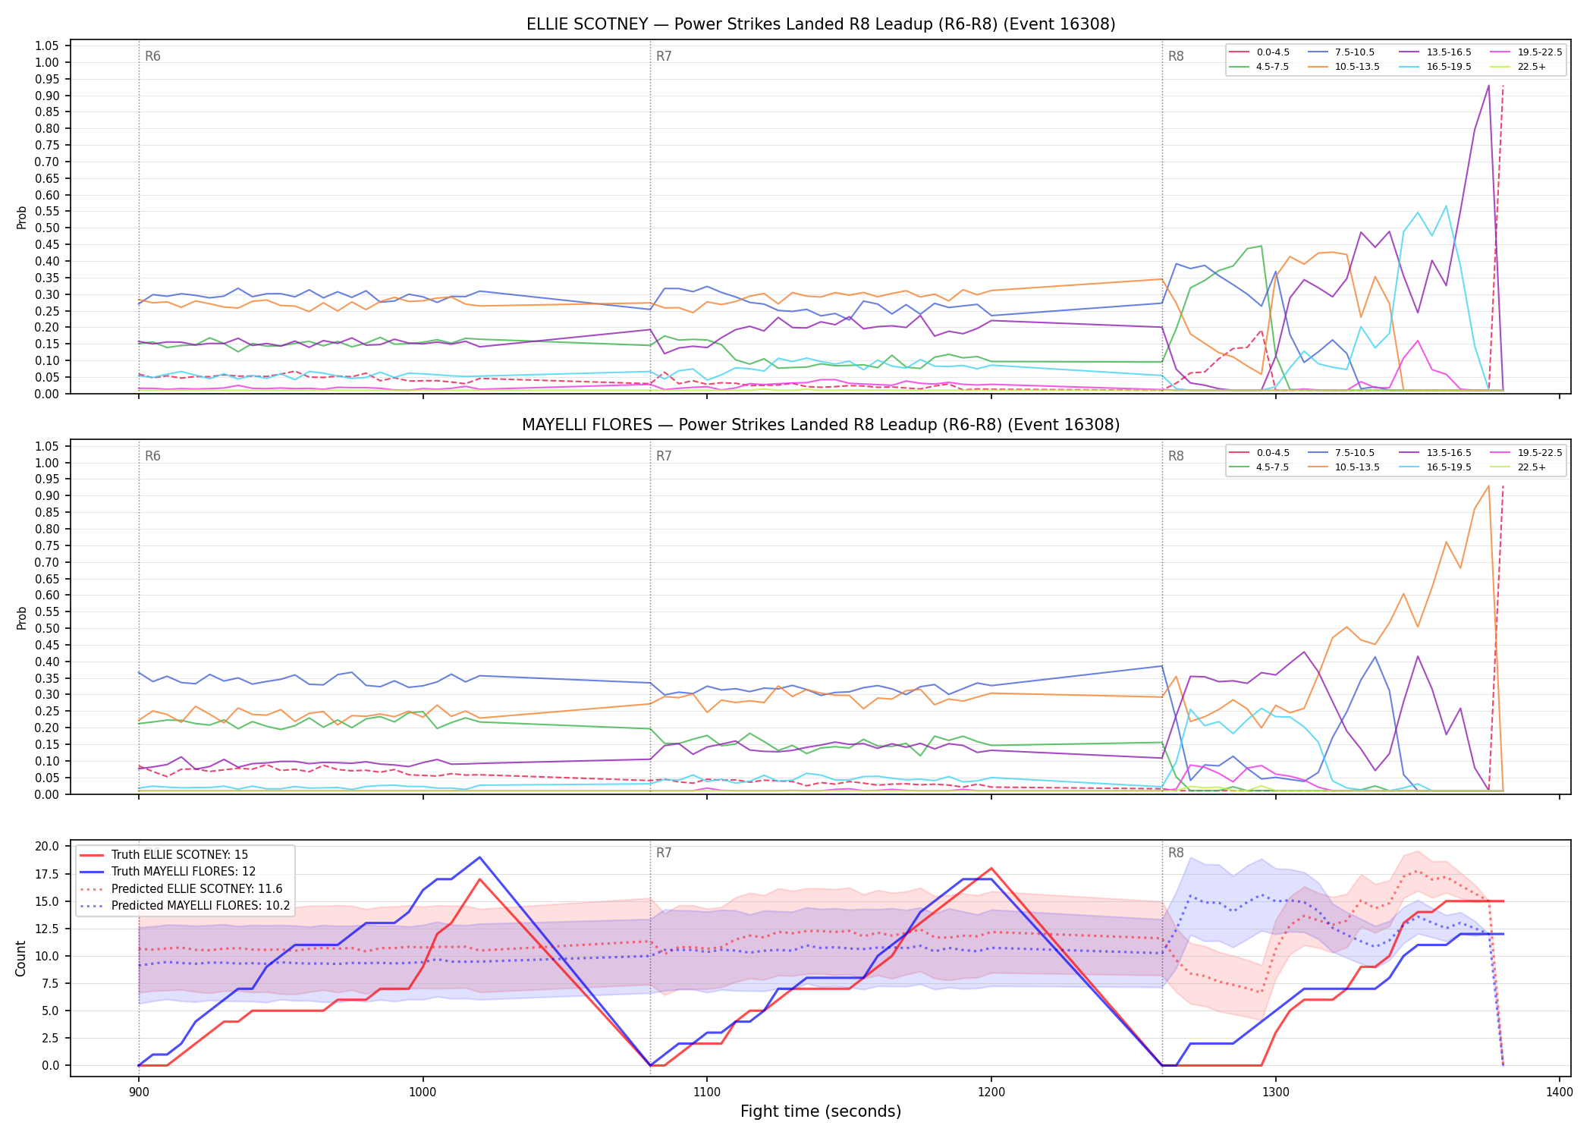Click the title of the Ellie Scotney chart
pyautogui.click(x=821, y=24)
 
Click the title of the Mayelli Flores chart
pyautogui.click(x=821, y=425)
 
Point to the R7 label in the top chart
pyautogui.click(x=664, y=56)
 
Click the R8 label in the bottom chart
pyautogui.click(x=1176, y=853)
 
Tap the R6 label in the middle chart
pyautogui.click(x=152, y=456)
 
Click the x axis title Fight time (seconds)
pyautogui.click(x=821, y=1111)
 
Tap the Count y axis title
pyautogui.click(x=21, y=958)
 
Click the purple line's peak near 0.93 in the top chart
pyautogui.click(x=1488, y=86)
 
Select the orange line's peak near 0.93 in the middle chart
pyautogui.click(x=1488, y=486)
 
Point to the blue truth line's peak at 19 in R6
pyautogui.click(x=479, y=857)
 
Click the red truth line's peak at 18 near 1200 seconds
pyautogui.click(x=991, y=869)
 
